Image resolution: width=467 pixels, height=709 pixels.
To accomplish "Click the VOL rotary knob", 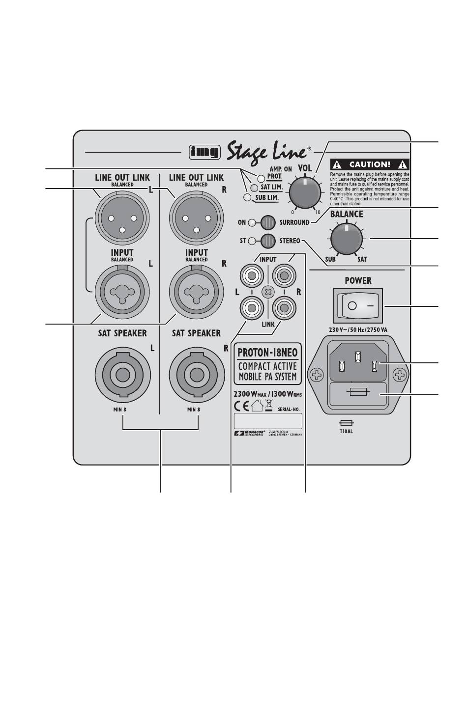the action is [305, 193].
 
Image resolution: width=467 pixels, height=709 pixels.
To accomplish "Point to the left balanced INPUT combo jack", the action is [122, 292].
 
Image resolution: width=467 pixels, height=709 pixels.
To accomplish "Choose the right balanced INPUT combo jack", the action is [196, 292].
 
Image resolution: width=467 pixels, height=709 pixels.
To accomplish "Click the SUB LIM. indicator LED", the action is [247, 197].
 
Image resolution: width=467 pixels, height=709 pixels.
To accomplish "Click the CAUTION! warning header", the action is [370, 165].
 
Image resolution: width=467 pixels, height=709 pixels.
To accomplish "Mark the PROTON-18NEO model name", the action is [267, 352].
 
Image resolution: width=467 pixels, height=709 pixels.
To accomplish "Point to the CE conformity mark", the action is [241, 406].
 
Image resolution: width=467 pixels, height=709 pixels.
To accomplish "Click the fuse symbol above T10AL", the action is [347, 423].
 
